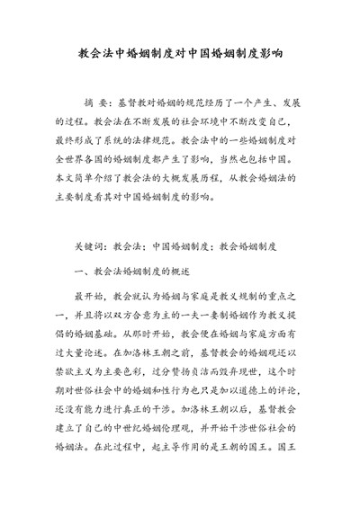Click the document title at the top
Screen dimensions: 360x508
click(180, 52)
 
